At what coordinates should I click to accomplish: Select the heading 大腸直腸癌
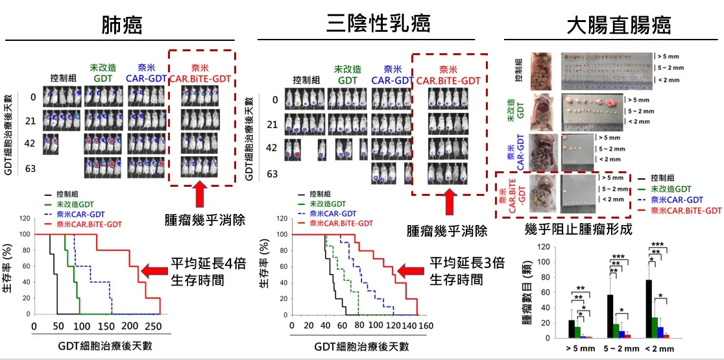coord(618,25)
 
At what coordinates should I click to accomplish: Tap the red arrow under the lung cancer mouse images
coord(200,195)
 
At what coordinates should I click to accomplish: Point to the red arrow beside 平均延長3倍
coord(411,270)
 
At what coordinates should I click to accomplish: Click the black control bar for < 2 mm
coord(648,309)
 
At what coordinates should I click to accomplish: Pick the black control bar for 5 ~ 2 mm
coord(610,316)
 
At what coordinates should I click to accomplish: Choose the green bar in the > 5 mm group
coord(577,332)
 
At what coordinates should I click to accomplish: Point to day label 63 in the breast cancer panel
coord(272,174)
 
